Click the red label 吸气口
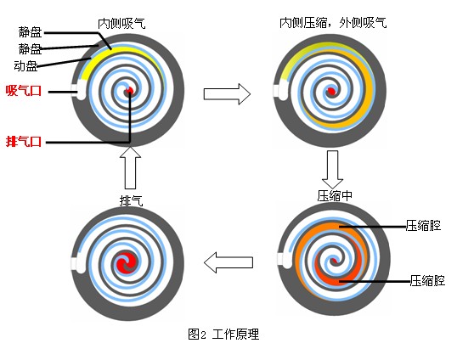(24, 91)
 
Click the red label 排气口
(24, 142)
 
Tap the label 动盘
(26, 66)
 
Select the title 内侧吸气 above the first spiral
(121, 23)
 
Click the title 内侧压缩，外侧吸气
(333, 23)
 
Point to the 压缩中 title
(335, 196)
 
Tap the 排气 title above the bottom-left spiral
(132, 200)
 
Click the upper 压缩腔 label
(423, 225)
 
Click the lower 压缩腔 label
(427, 280)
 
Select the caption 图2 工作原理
(223, 334)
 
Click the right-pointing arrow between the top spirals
(227, 93)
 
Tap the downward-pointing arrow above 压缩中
(332, 169)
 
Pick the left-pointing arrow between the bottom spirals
(228, 262)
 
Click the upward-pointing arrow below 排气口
(130, 168)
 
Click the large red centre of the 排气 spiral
(127, 262)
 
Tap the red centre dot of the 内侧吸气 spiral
(129, 91)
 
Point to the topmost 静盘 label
(31, 32)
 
